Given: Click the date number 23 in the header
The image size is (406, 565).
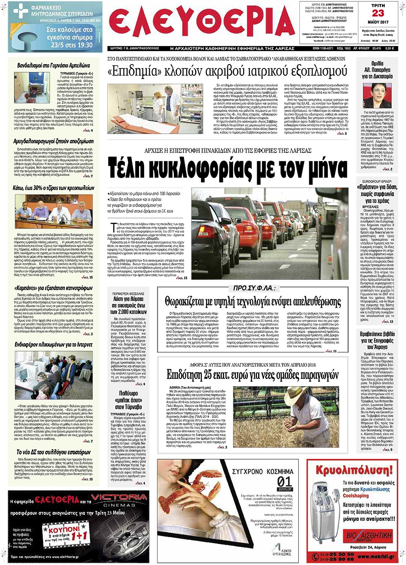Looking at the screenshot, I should [378, 13].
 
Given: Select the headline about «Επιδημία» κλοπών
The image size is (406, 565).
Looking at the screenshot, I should [227, 71].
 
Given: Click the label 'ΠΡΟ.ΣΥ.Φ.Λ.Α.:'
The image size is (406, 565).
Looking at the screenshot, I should [255, 288].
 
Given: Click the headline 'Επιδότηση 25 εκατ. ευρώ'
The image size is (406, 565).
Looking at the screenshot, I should [252, 374].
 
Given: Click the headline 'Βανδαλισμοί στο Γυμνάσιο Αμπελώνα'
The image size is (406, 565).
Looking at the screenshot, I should [53, 66].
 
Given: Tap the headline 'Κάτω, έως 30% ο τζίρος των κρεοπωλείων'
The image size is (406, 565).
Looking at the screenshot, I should [53, 188].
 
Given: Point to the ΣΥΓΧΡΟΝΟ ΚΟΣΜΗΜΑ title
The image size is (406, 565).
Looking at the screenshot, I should [262, 471].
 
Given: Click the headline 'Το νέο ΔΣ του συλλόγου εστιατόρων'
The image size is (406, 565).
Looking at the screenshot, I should [53, 452].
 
